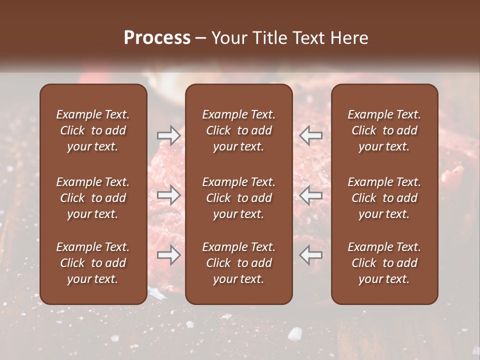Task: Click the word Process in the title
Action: coord(157,38)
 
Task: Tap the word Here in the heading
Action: coord(349,38)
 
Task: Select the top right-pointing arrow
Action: coord(168,135)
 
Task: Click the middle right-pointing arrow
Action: coord(168,195)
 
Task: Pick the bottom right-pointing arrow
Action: coord(168,255)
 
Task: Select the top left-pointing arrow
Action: coord(311,135)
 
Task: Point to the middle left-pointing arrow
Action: coord(311,195)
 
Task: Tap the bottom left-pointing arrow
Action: coord(311,255)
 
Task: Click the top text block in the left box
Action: coord(93,130)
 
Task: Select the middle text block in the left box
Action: coord(93,198)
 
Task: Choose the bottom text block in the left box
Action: coord(93,263)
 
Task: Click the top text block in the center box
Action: coord(239,130)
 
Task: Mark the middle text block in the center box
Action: coord(239,198)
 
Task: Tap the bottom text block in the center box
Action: coord(239,263)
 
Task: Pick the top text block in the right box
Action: coord(384,130)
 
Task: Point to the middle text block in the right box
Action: coord(384,198)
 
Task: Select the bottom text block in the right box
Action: coord(384,263)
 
